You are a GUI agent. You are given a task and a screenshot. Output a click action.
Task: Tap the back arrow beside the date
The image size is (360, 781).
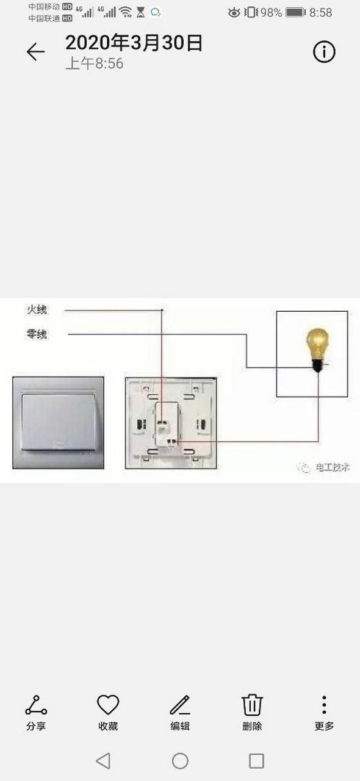35,52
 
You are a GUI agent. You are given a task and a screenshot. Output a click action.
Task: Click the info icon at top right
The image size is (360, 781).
324,52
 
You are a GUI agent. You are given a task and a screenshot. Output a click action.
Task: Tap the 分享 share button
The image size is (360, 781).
36,705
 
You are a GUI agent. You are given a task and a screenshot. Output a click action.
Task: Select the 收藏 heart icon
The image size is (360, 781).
108,704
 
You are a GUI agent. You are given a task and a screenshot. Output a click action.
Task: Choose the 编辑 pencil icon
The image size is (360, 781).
180,705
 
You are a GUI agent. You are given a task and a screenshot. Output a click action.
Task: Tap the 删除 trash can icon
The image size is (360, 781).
252,705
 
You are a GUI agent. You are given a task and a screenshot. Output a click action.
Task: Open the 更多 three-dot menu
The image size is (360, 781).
324,705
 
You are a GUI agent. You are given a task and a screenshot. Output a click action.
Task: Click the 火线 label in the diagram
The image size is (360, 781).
37,309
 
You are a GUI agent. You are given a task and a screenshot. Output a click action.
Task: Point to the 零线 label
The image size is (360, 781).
37,334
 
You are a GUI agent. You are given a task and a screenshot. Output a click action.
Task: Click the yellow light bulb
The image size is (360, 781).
317,349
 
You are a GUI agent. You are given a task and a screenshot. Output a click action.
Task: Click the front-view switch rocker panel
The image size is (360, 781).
58,422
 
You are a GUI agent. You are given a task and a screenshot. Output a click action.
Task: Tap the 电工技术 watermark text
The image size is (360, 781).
332,467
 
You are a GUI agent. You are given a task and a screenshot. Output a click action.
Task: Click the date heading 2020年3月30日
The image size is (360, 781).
134,43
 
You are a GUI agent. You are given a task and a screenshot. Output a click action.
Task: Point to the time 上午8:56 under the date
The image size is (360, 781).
95,63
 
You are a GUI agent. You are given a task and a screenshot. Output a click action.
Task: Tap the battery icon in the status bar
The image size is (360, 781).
295,13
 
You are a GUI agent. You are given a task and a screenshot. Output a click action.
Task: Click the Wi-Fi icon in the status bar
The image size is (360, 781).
125,13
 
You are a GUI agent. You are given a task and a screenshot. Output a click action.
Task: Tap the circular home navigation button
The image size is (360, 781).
180,760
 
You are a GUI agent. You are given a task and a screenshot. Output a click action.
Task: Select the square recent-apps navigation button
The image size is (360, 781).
256,760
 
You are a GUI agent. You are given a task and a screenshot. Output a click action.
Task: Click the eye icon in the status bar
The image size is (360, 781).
234,13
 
